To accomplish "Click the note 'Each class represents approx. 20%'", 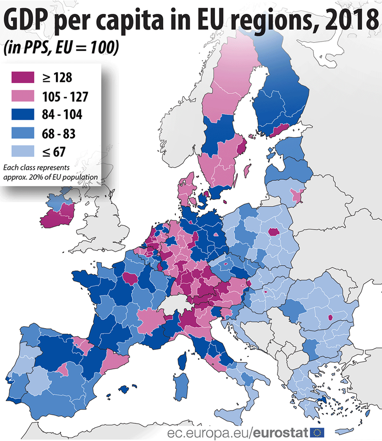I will [51, 172].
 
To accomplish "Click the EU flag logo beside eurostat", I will [318, 432].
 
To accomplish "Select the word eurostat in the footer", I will [281, 432].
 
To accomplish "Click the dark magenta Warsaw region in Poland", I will [274, 232].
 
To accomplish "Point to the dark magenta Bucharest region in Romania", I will [329, 317].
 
